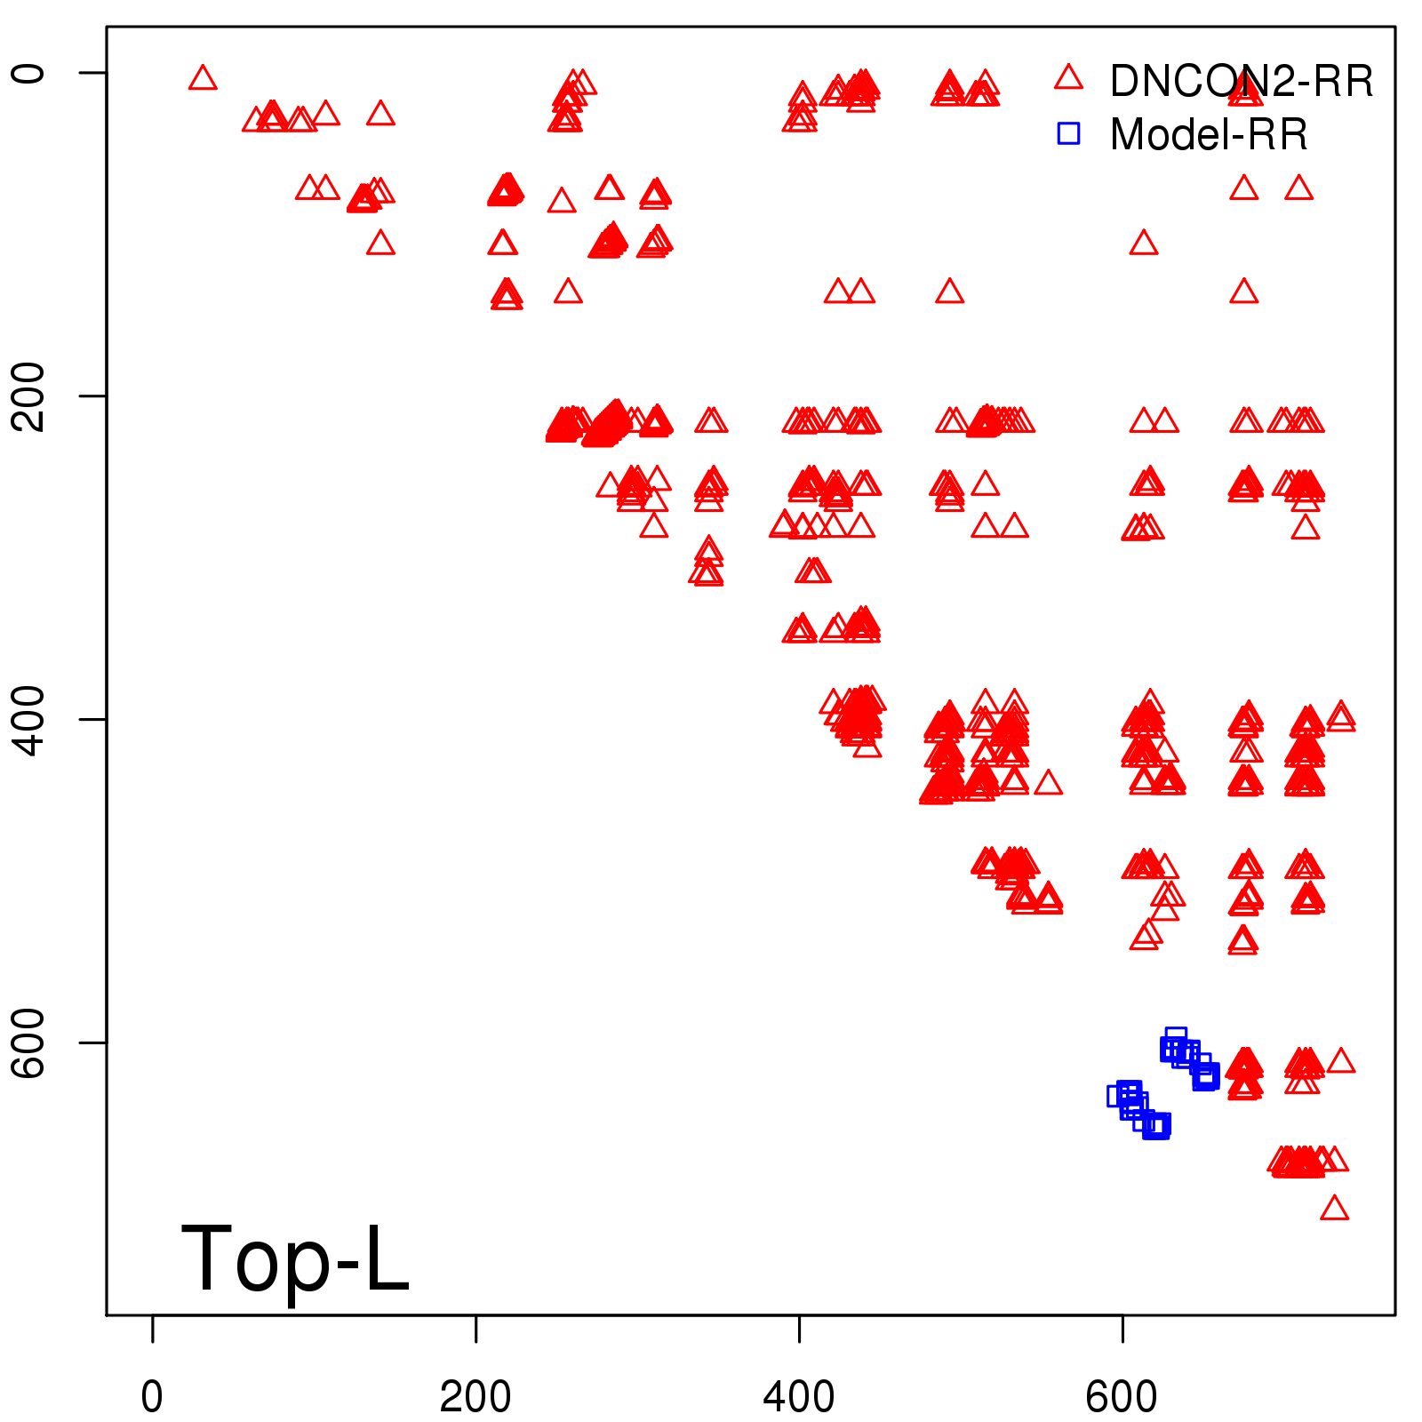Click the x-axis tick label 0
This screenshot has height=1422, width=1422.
[152, 1397]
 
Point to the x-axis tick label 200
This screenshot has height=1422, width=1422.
[475, 1397]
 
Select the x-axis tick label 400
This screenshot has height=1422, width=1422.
[799, 1397]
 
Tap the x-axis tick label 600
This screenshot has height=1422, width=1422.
[1122, 1397]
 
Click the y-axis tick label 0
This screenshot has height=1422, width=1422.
[28, 72]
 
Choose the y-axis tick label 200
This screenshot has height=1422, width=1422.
[28, 395]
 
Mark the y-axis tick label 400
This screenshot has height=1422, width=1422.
[28, 719]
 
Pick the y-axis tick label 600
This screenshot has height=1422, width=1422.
[28, 1042]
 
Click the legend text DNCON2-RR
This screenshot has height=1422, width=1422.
[1241, 82]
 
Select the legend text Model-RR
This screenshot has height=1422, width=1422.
[1209, 135]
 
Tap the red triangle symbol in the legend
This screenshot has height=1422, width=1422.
[1068, 78]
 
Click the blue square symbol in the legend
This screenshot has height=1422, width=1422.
[1068, 133]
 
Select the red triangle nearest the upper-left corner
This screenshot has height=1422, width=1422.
[203, 79]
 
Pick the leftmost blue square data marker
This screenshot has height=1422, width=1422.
[1118, 1096]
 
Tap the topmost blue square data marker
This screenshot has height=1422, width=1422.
[1176, 1037]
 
